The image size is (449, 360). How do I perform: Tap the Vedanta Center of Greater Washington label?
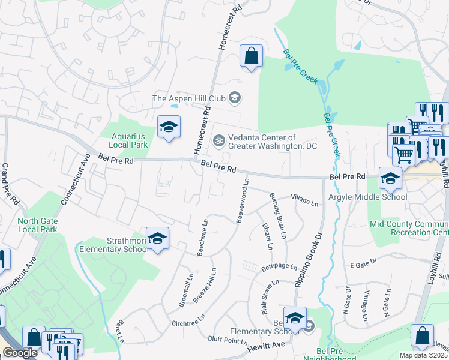click(x=264, y=142)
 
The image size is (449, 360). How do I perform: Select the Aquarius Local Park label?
click(x=128, y=140)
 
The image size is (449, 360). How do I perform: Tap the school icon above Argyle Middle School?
click(x=390, y=178)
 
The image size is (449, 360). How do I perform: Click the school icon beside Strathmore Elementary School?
click(x=157, y=238)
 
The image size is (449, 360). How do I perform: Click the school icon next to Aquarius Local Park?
click(x=169, y=127)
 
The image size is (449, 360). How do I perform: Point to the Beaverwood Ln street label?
click(x=243, y=200)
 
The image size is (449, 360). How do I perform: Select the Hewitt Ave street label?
click(x=268, y=345)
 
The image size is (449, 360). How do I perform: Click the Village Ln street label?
click(x=304, y=200)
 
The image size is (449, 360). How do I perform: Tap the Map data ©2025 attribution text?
click(x=423, y=355)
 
